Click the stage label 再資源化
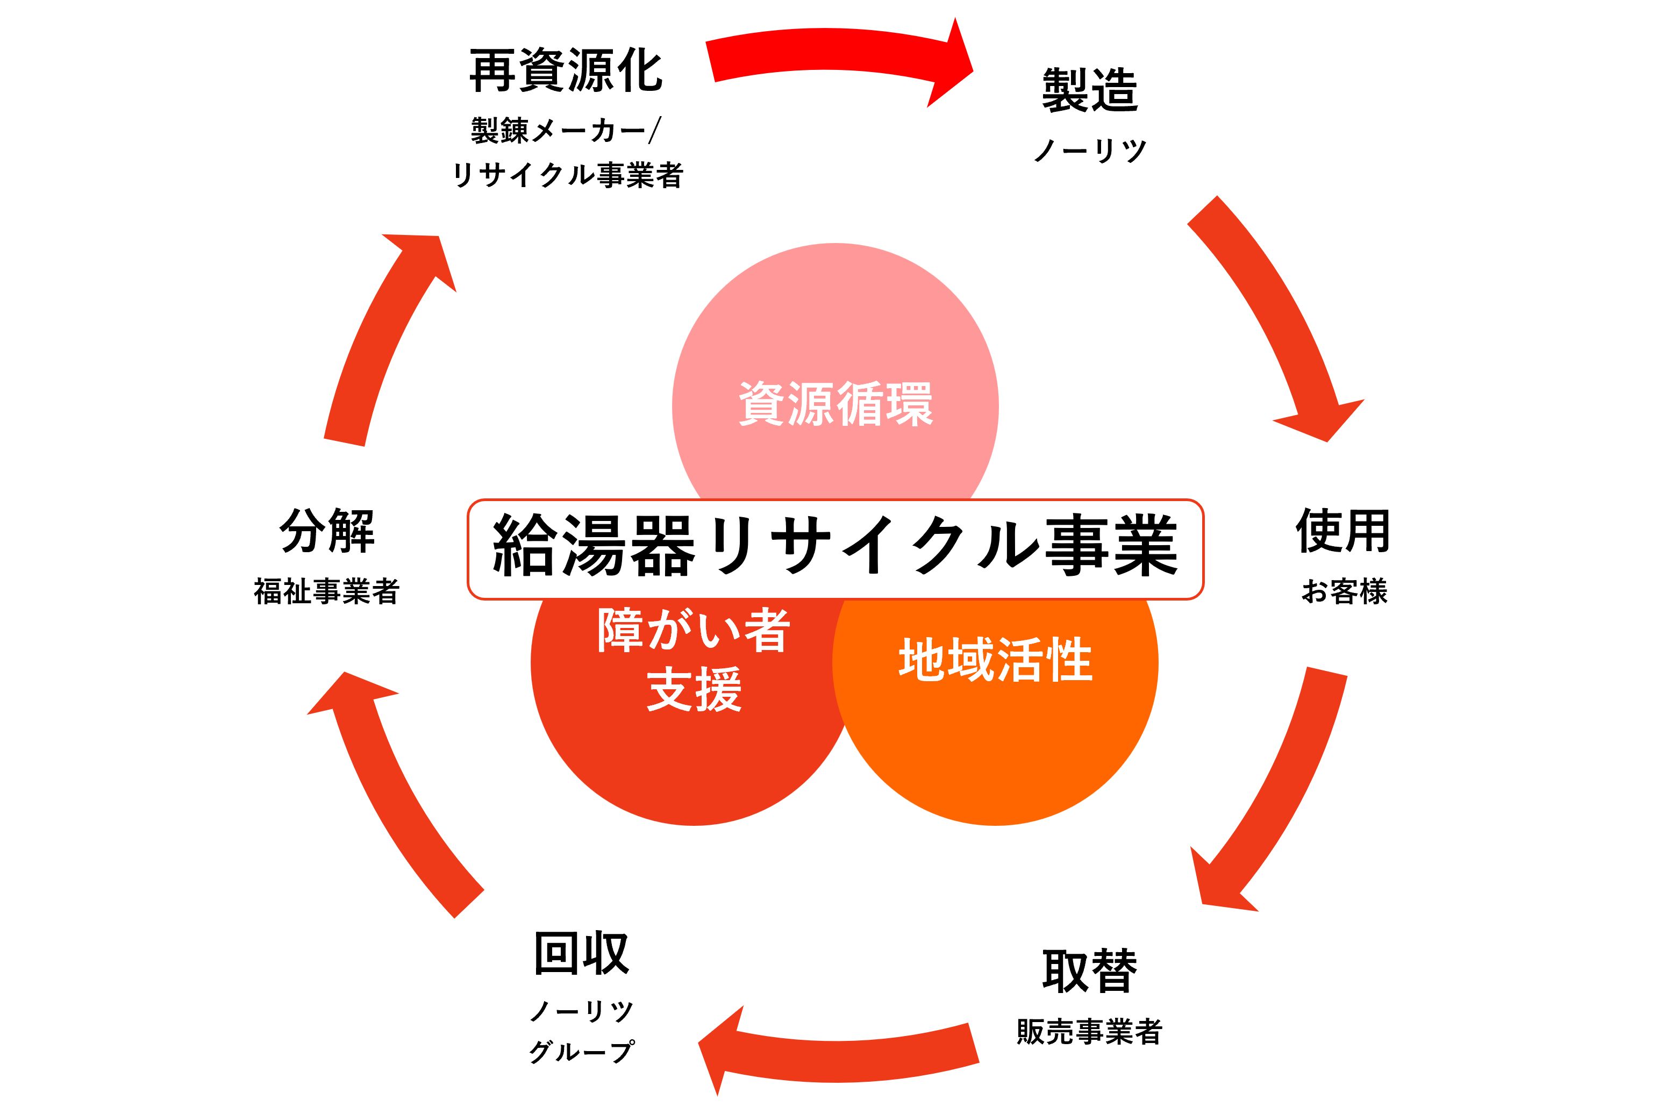(x=566, y=71)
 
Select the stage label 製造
(x=1090, y=90)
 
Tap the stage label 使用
(x=1343, y=531)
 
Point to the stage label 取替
(x=1089, y=970)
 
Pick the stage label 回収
(x=581, y=953)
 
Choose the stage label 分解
(x=327, y=531)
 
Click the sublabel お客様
(x=1344, y=591)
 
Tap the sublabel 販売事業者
(x=1089, y=1032)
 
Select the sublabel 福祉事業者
(x=327, y=591)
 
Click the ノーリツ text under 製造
(x=1090, y=151)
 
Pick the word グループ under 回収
(x=581, y=1052)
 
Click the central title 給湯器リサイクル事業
(x=835, y=548)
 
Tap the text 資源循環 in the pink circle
(x=835, y=404)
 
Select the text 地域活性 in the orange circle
(x=995, y=659)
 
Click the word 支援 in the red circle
(x=694, y=689)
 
